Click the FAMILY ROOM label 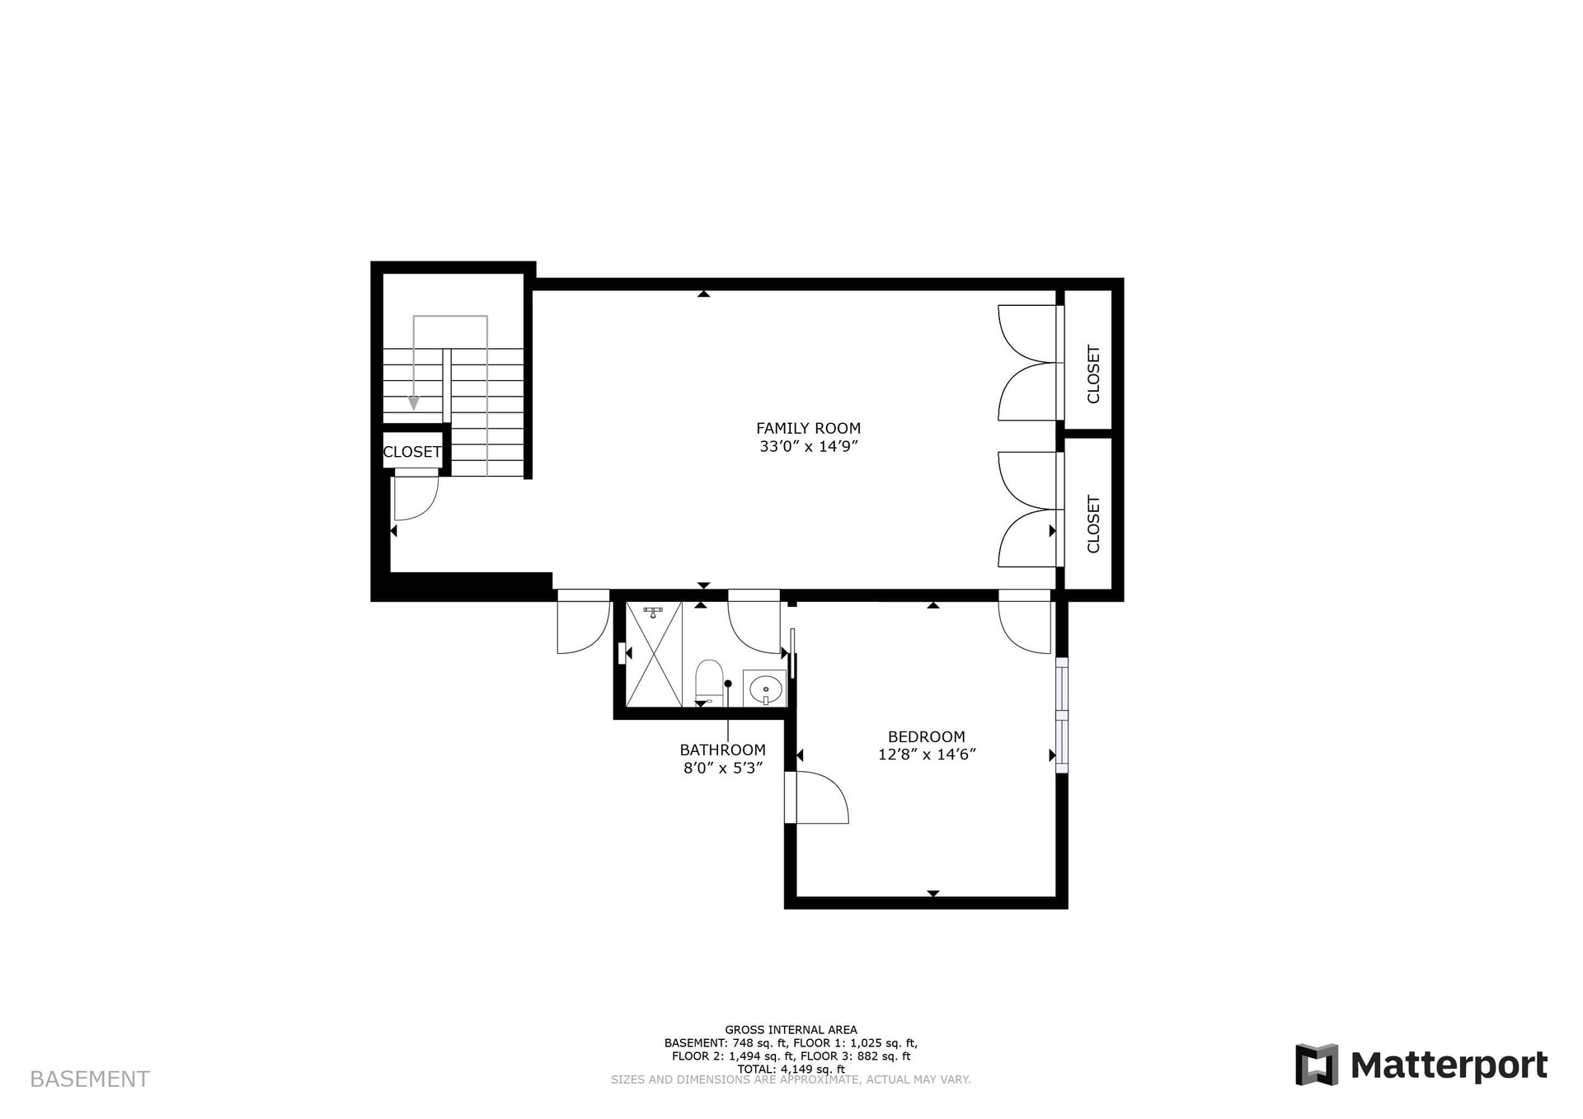808,428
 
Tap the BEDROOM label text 926,736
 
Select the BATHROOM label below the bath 722,750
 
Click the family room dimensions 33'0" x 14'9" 808,447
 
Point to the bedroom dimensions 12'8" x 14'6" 927,755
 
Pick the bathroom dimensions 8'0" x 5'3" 722,768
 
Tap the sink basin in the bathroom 766,687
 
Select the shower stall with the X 654,654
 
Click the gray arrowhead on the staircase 414,402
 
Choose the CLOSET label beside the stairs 411,452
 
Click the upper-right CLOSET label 1093,374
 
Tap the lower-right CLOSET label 1093,524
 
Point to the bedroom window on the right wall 1062,714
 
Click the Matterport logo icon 1316,1065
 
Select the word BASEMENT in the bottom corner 90,1079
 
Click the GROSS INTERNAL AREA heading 791,1029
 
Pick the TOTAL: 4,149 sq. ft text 791,1069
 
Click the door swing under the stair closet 416,495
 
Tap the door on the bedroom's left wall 816,797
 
